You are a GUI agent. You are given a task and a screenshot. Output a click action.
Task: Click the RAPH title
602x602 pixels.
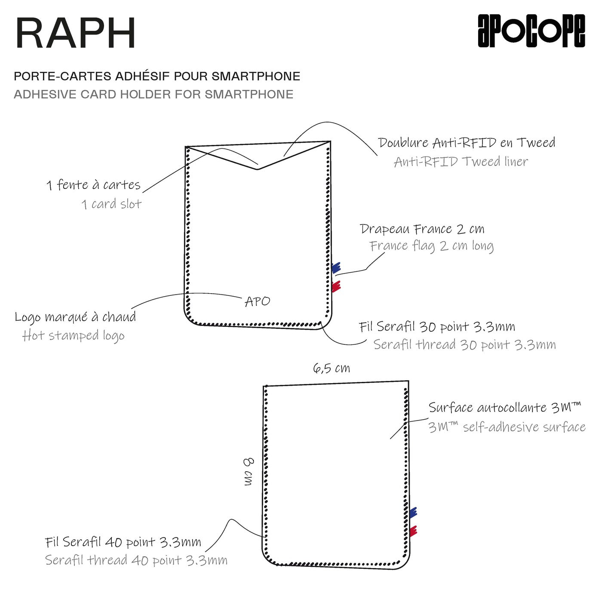coord(76,34)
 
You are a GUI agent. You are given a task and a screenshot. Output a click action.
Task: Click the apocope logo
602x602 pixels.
coord(531,31)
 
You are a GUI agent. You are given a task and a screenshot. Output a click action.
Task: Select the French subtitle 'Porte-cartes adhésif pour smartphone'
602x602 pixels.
coord(157,76)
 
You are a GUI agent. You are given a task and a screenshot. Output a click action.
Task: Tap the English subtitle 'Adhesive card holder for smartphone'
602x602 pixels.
coord(154,94)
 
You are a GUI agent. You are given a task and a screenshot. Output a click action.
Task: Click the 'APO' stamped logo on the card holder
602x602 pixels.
coord(257,301)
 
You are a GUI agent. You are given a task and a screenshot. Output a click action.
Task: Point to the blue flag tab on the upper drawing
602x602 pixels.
coord(336,267)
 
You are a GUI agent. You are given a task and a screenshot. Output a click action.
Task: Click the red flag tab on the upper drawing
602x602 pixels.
coord(336,286)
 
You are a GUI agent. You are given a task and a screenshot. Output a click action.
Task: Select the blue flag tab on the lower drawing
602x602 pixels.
coord(413,512)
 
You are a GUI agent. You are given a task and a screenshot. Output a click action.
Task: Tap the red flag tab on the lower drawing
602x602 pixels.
coord(413,531)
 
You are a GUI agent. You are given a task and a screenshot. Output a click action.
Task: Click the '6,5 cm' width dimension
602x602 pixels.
coord(331,369)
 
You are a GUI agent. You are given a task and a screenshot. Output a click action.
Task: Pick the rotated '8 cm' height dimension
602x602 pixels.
coord(249,472)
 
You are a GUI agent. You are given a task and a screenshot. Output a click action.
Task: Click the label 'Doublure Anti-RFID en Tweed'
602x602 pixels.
coord(467,143)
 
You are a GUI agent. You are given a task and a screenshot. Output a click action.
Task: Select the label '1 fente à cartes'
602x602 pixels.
coord(93,185)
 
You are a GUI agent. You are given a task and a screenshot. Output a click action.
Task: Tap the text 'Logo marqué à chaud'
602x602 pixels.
coord(75,317)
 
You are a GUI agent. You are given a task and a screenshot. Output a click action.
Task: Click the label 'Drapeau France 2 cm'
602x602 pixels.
coord(422,229)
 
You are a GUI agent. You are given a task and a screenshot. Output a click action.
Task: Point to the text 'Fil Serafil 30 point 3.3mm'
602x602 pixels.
coord(437,327)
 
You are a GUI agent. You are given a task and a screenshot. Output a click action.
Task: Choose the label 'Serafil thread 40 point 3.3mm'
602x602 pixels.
coord(136,560)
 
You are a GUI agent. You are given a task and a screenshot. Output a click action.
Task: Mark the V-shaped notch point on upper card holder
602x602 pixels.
coord(258,169)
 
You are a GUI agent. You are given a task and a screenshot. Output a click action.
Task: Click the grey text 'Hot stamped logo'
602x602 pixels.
coord(74,335)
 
